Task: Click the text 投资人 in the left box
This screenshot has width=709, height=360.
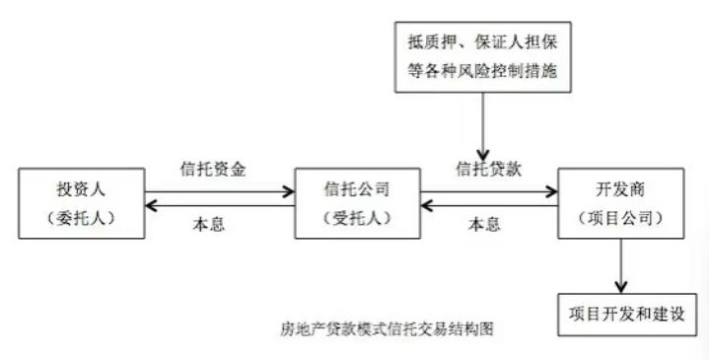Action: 81,187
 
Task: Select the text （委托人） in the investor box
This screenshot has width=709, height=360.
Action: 81,217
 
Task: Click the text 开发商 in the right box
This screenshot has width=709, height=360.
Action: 619,187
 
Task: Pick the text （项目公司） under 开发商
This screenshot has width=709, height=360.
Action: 619,217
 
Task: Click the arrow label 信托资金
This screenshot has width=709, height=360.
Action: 214,168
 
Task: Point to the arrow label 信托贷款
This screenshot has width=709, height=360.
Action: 488,168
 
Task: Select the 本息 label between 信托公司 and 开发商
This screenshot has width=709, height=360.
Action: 483,223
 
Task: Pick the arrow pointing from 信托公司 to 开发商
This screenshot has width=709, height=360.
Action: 488,190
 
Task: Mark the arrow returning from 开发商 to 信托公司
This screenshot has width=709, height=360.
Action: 488,208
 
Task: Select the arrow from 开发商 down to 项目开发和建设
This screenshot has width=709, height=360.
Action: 620,264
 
